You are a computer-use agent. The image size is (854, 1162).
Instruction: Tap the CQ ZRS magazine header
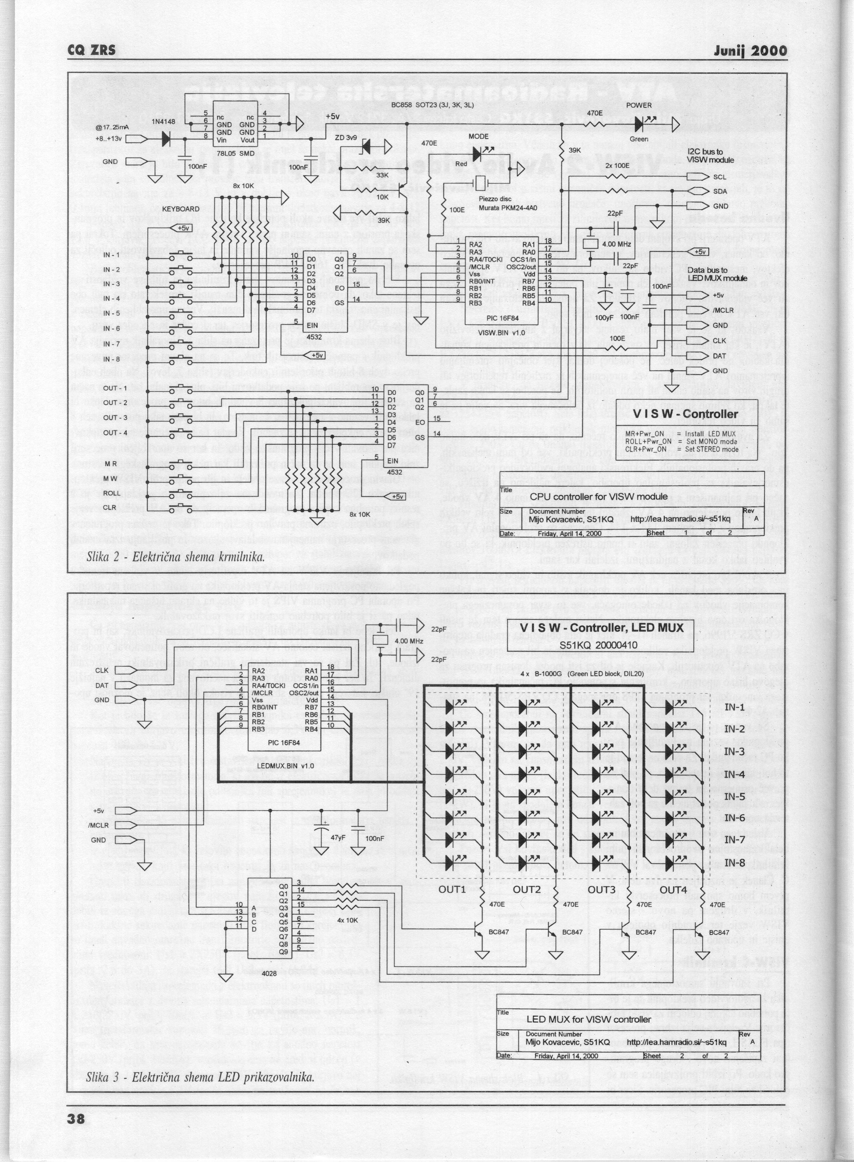tap(92, 51)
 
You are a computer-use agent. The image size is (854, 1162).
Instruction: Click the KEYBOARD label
tap(181, 209)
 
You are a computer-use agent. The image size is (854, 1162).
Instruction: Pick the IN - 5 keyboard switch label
tap(111, 313)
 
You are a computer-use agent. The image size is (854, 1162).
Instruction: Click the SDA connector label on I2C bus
tap(720, 191)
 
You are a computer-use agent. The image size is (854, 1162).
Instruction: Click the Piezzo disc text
tap(495, 199)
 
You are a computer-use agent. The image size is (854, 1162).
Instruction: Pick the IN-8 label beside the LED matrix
tap(734, 862)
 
